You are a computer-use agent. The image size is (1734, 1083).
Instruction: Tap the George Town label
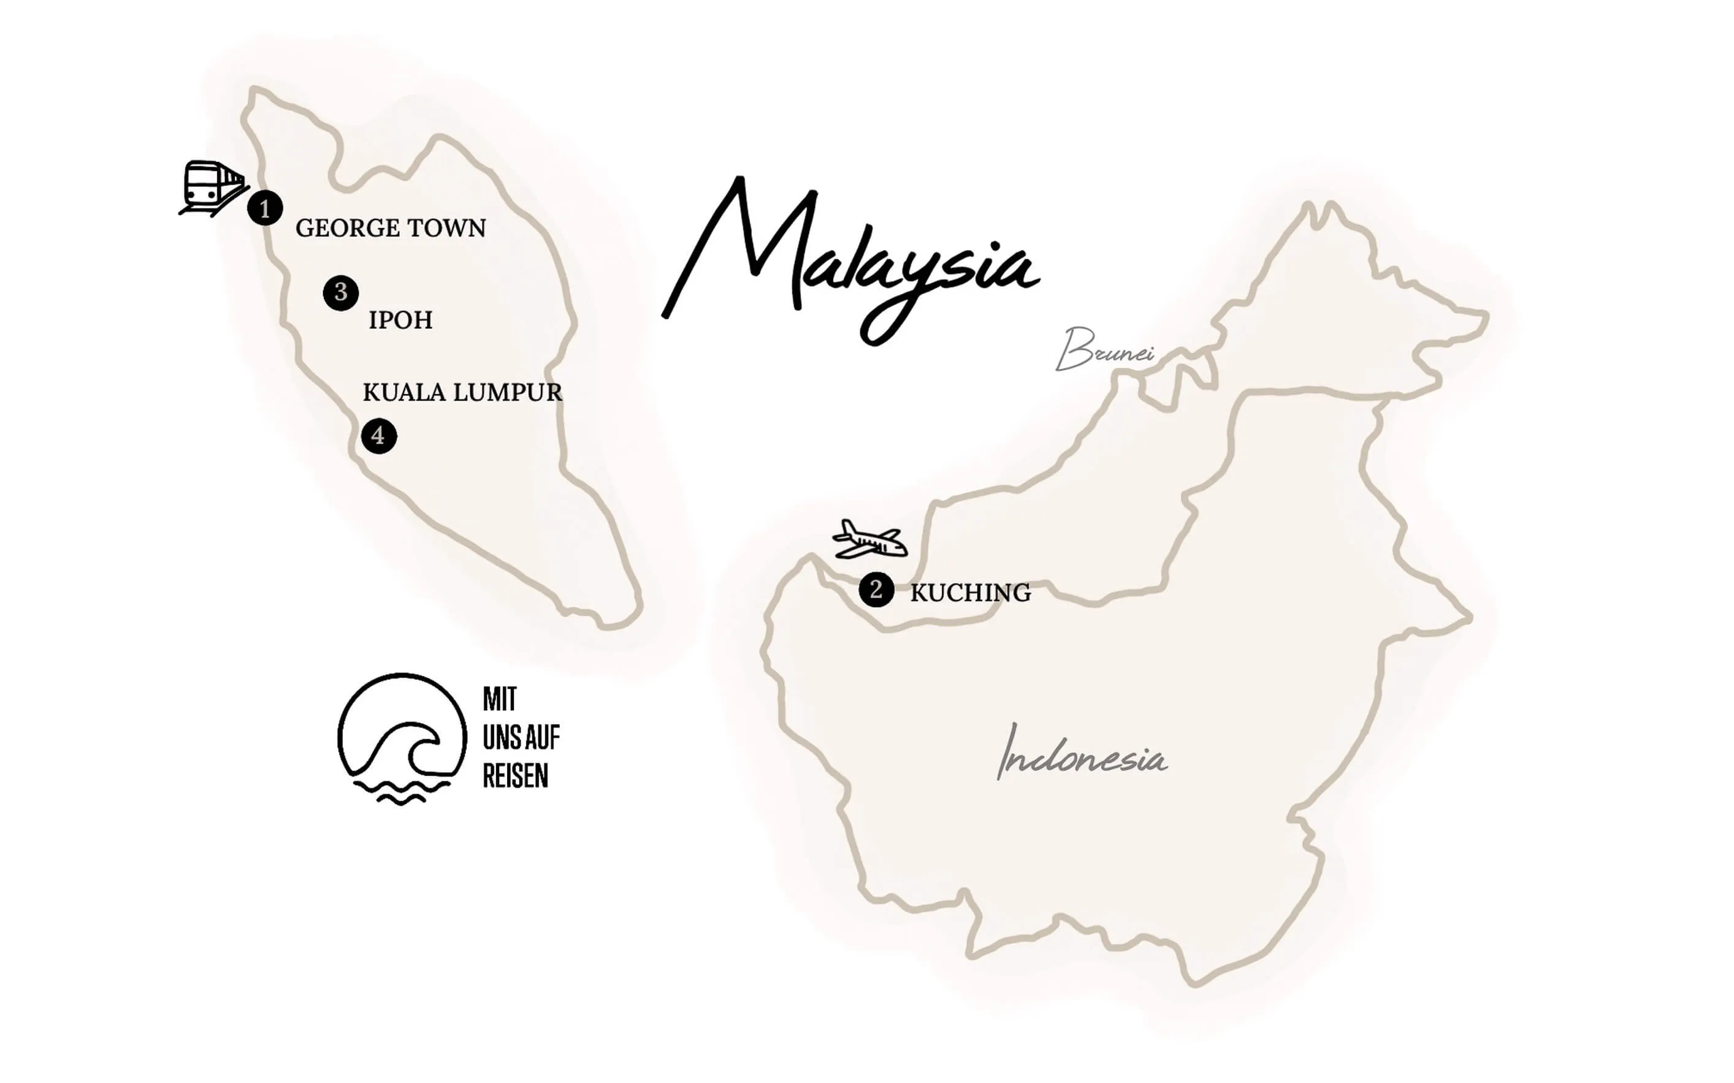391,229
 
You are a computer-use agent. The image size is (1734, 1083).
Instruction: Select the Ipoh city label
400,320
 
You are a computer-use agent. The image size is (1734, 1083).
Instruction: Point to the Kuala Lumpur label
462,392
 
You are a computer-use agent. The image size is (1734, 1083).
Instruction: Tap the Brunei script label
1104,350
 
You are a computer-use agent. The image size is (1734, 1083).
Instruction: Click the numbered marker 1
265,208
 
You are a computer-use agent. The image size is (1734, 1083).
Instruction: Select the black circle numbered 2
876,590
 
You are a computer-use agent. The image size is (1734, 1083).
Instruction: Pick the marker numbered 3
340,292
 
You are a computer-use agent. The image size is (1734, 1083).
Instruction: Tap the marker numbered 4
378,436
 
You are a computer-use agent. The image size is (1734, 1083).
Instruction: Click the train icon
212,187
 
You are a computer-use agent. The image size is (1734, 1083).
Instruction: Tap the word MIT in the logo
500,700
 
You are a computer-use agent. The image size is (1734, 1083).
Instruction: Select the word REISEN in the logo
515,777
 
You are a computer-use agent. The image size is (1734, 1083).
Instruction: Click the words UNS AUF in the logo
521,738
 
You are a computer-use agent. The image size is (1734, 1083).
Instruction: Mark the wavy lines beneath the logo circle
401,794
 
